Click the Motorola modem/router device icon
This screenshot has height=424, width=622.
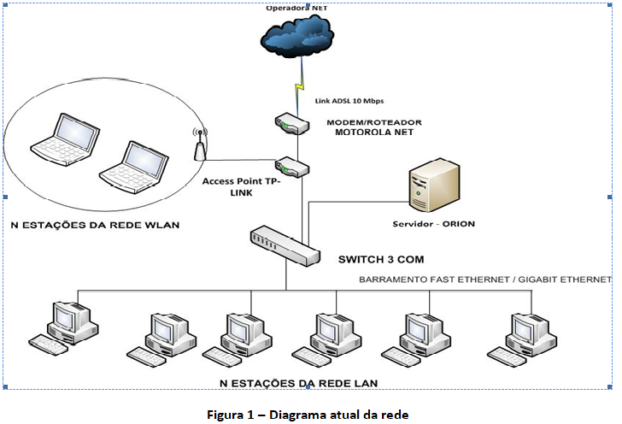click(290, 124)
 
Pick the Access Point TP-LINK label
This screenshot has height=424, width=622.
click(242, 187)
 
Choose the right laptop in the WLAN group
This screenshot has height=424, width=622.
click(128, 163)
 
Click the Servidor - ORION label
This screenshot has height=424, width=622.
click(433, 224)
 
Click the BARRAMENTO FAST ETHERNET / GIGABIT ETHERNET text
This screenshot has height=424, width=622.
click(484, 279)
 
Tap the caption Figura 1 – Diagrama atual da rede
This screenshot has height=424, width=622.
click(308, 414)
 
